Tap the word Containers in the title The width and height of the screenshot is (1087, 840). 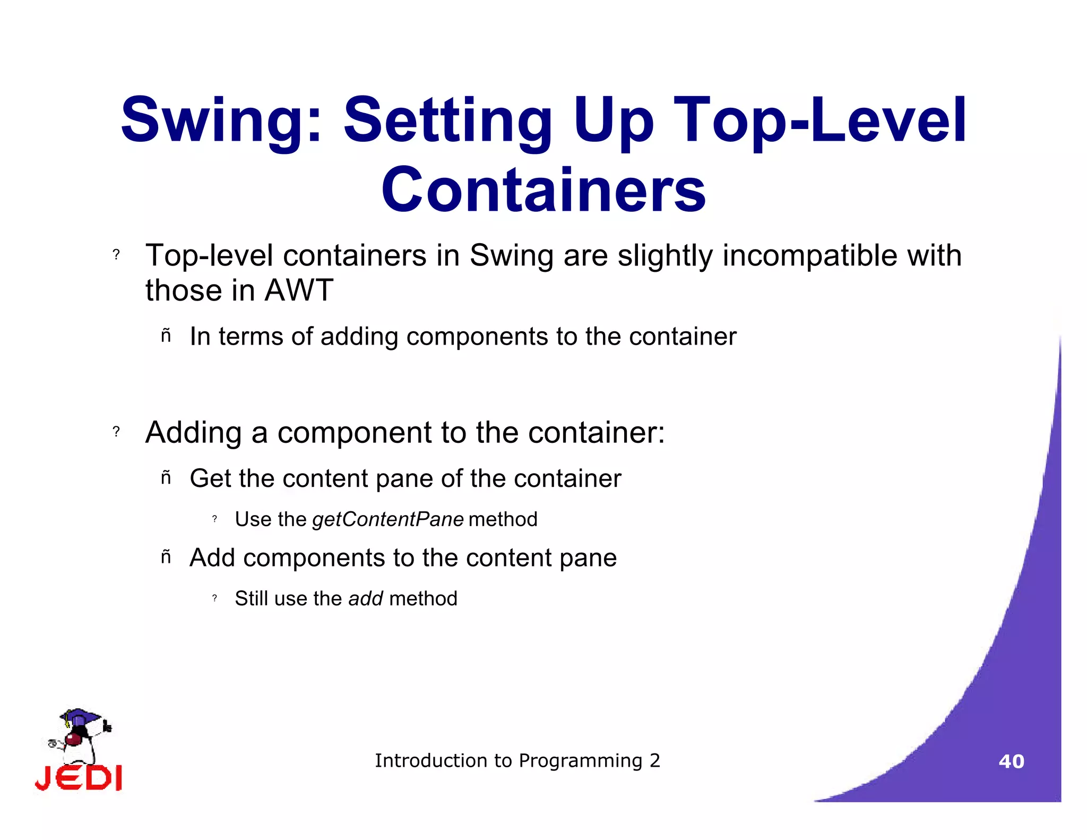pyautogui.click(x=543, y=190)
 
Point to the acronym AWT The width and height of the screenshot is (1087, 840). pyautogui.click(x=299, y=290)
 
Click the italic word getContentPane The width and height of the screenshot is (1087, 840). pyautogui.click(x=388, y=519)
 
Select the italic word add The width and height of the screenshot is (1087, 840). pyautogui.click(x=365, y=598)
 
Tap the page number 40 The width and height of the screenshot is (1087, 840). pyautogui.click(x=1011, y=761)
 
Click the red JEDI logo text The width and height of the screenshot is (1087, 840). pyautogui.click(x=79, y=778)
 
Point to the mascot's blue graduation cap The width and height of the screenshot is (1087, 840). pyautogui.click(x=80, y=717)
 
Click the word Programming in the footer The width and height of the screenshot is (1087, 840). pyautogui.click(x=580, y=761)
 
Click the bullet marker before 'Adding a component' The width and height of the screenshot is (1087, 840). pyautogui.click(x=116, y=431)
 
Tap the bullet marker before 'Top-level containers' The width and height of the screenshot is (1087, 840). pyautogui.click(x=116, y=254)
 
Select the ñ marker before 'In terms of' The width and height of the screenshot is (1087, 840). pyautogui.click(x=166, y=336)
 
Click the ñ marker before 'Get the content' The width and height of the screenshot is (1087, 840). pyautogui.click(x=166, y=478)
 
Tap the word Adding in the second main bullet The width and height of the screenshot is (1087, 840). pyautogui.click(x=193, y=432)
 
